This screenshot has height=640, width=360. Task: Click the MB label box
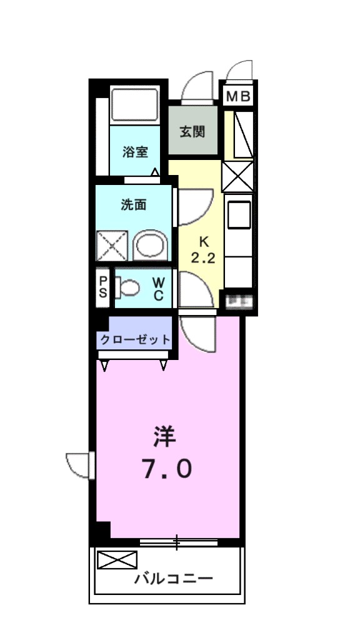click(238, 97)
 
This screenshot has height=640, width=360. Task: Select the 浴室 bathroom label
click(135, 151)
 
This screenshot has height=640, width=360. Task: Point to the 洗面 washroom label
click(133, 204)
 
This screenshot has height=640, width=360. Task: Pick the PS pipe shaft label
click(102, 287)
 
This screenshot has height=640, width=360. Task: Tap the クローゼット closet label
click(134, 340)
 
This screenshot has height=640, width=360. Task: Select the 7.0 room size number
click(167, 468)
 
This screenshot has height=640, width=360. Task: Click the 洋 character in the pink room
click(166, 436)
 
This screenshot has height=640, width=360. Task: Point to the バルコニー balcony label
click(174, 579)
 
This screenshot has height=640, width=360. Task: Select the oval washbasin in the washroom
click(151, 246)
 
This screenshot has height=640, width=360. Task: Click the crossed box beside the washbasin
click(112, 246)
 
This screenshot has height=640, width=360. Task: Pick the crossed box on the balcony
click(117, 560)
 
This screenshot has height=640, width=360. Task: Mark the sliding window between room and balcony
click(177, 542)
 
